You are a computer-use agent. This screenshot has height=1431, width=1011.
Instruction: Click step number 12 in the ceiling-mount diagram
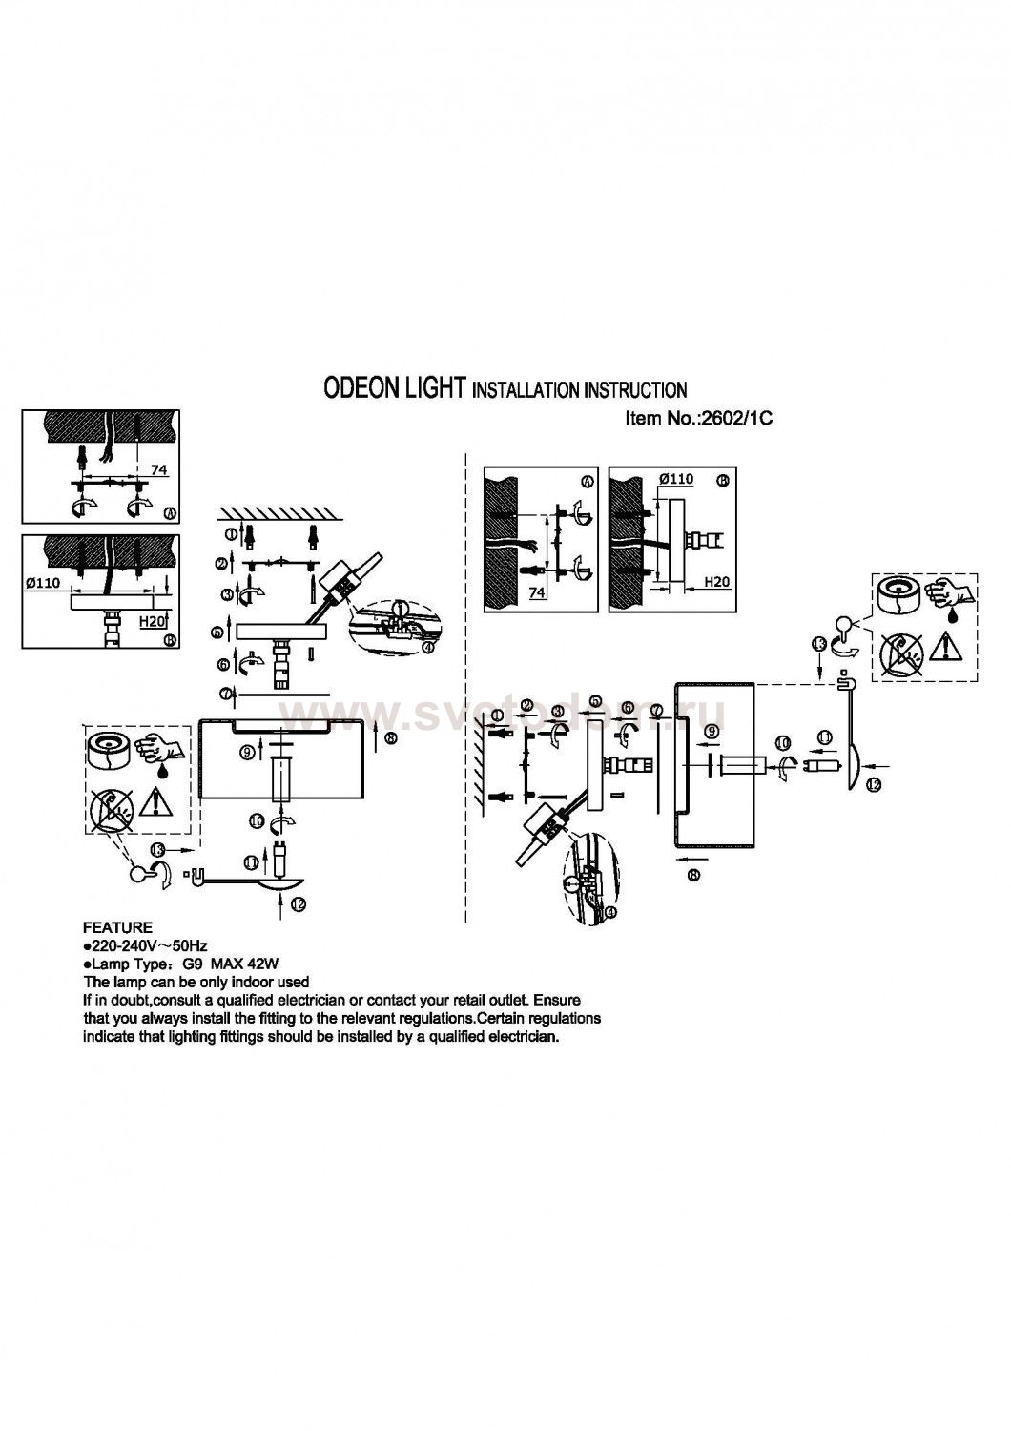tap(299, 905)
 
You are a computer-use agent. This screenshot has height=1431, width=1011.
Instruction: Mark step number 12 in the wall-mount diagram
tap(873, 783)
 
